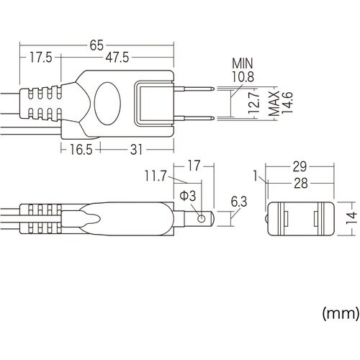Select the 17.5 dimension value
pyautogui.click(x=41, y=58)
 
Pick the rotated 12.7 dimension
pyautogui.click(x=250, y=104)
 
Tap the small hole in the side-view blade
pyautogui.click(x=202, y=217)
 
